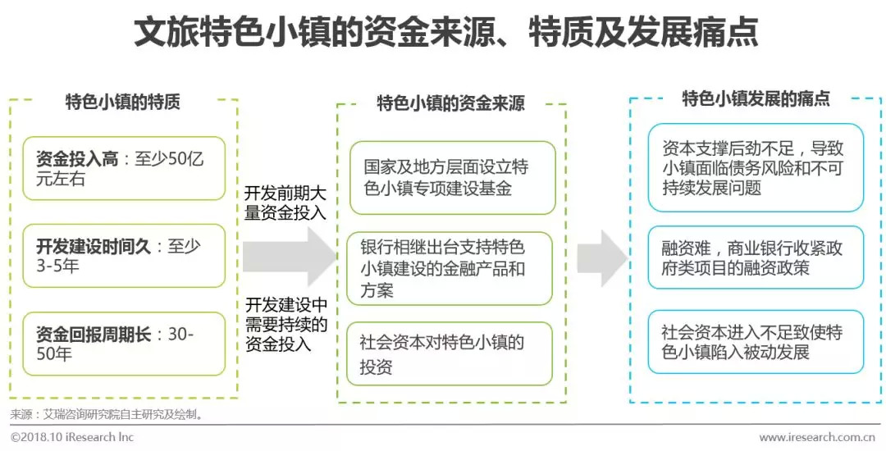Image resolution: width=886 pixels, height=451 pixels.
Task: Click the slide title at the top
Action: [x=444, y=32]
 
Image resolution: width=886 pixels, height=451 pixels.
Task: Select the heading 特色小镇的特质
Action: [x=123, y=102]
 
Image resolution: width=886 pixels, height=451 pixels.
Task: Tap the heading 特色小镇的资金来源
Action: [x=450, y=104]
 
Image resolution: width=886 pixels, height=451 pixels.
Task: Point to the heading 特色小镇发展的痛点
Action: [x=756, y=100]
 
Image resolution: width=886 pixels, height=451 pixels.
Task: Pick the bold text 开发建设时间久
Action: [x=93, y=246]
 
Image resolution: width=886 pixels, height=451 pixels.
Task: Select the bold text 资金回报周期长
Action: [x=93, y=334]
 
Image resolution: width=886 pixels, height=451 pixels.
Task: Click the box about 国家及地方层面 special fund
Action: [x=450, y=179]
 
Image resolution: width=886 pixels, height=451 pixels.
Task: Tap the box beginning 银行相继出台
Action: [x=450, y=268]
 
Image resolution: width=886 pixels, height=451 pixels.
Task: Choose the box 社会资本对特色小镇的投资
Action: [x=450, y=354]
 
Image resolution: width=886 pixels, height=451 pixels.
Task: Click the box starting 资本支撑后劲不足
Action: [x=755, y=168]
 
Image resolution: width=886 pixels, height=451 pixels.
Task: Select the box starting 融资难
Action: [x=755, y=257]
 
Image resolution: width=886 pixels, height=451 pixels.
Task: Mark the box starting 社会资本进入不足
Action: [x=755, y=342]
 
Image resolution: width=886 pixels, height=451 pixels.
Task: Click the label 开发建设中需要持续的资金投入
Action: [x=285, y=325]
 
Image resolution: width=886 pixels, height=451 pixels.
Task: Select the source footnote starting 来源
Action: [x=107, y=414]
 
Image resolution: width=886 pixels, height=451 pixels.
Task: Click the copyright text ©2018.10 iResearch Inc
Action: [x=72, y=437]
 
